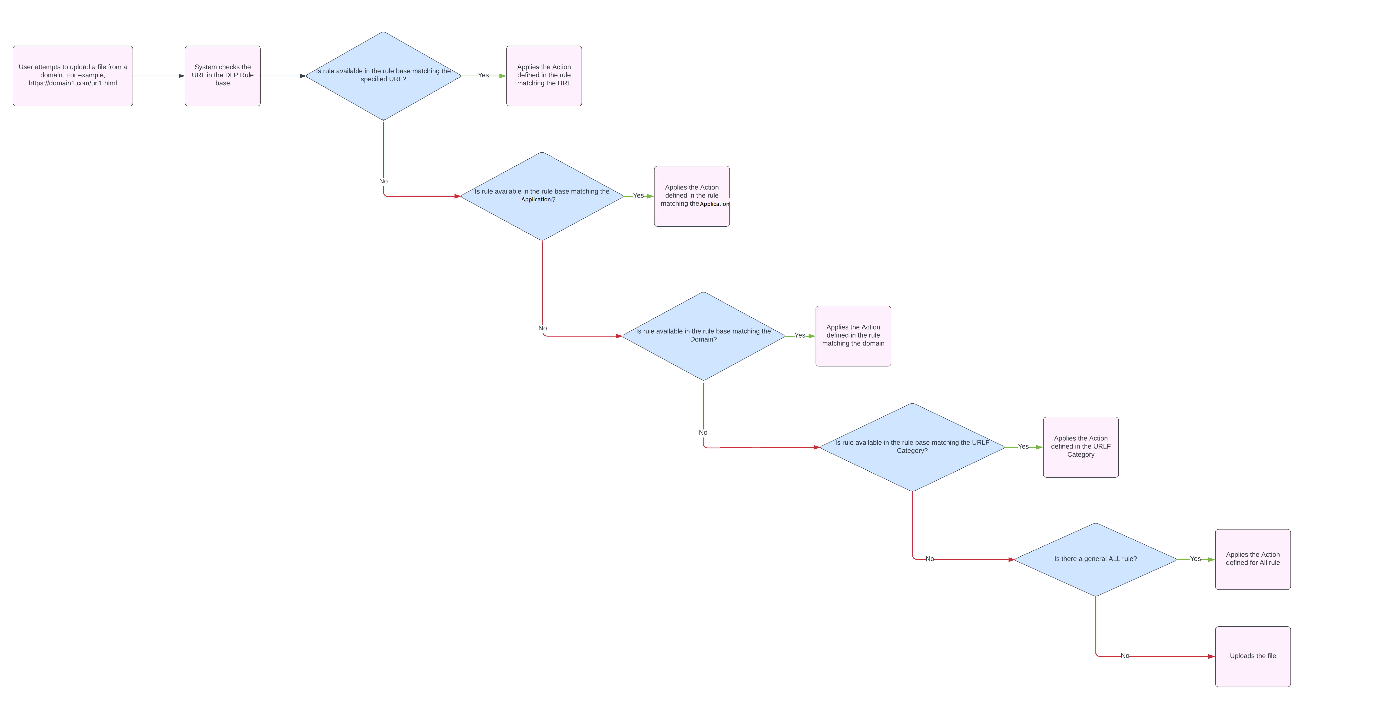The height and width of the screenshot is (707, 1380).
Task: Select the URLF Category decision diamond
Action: point(912,447)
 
